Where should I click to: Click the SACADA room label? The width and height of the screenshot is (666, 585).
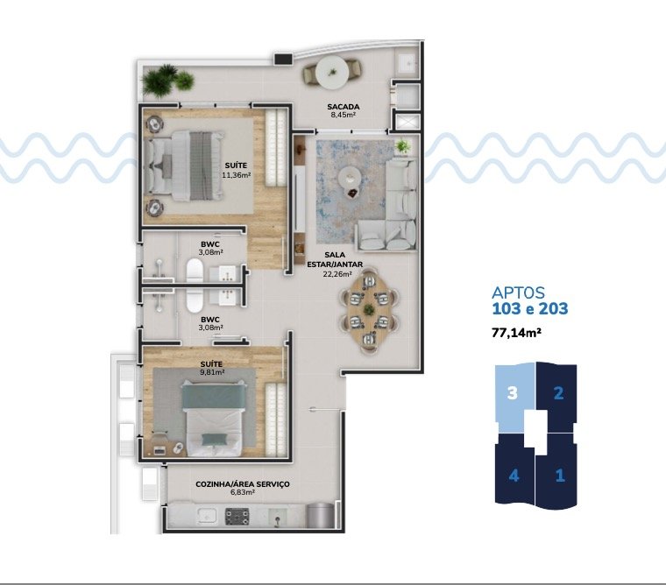click(344, 107)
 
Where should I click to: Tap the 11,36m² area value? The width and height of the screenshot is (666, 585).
click(237, 173)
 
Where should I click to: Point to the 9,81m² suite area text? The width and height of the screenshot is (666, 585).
click(211, 371)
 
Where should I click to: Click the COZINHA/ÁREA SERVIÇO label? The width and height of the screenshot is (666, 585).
click(242, 484)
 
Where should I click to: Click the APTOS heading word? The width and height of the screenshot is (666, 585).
click(520, 292)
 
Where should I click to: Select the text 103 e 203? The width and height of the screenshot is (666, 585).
click(530, 308)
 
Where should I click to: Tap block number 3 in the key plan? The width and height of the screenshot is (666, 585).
click(514, 393)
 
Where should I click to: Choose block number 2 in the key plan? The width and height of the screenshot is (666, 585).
click(558, 393)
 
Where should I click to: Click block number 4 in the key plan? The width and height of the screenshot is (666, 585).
click(514, 476)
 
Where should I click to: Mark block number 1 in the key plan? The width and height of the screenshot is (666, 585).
click(559, 476)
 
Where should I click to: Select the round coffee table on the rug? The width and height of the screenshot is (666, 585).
click(351, 175)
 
